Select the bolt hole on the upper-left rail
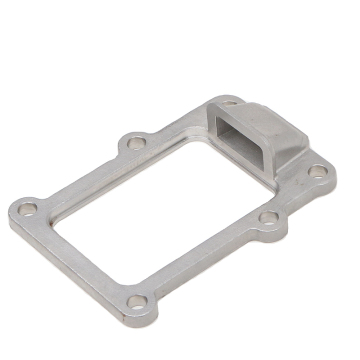point(134,144)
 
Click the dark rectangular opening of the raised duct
point(237,138)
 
